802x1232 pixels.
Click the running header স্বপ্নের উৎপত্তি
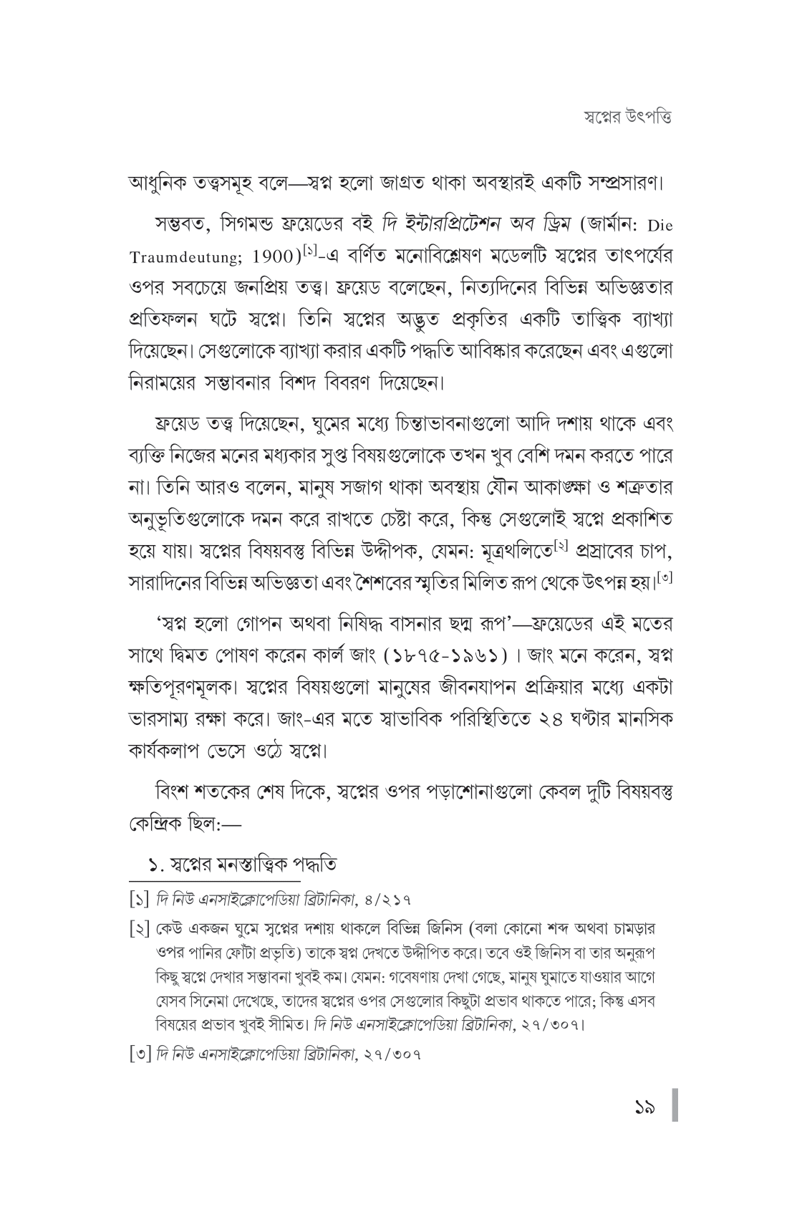(x=627, y=117)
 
